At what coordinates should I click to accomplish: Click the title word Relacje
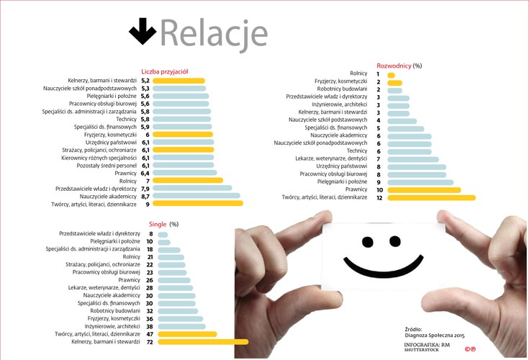214,32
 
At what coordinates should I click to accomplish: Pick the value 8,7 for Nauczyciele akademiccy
145,196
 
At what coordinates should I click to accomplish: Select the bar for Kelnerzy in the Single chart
202,342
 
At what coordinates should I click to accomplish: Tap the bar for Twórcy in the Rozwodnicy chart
430,197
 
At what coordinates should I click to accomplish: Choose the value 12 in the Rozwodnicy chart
379,197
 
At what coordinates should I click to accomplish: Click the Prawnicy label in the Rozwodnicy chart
356,189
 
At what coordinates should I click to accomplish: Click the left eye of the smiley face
368,241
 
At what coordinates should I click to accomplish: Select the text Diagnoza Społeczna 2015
435,336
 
